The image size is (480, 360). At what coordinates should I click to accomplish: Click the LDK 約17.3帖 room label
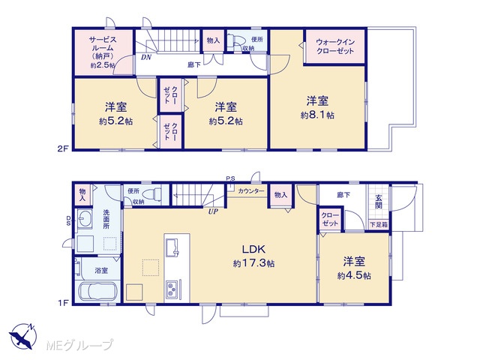coord(253,256)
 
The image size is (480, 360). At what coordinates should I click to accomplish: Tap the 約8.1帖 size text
coord(317,115)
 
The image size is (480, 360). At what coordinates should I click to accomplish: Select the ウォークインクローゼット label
coord(335,46)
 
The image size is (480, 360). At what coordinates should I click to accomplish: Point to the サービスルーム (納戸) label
coord(103,52)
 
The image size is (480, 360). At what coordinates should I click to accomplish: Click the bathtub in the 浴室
coord(97,292)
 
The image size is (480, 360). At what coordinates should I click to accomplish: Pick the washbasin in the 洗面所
coord(84,218)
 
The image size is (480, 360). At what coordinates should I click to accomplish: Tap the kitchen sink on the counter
coord(172,247)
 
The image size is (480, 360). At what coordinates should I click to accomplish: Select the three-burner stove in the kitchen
coord(172,289)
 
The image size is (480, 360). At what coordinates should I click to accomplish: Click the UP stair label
coord(213,211)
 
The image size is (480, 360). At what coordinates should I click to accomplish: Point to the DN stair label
coord(146,57)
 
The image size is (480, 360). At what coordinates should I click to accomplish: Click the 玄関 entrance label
coord(379,202)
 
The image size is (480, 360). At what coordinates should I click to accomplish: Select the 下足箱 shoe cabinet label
coord(379,225)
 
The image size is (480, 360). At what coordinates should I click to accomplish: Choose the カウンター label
coord(250,191)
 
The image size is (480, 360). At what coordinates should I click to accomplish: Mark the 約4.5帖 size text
coord(354,276)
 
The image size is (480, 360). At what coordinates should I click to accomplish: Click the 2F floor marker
coord(63,148)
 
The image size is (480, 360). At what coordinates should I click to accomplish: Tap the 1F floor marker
coord(63,303)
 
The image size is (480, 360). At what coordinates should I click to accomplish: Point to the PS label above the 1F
coord(230,178)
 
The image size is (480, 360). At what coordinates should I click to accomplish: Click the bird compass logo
coord(23,336)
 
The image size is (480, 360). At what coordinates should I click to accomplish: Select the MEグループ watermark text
coord(79,345)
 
